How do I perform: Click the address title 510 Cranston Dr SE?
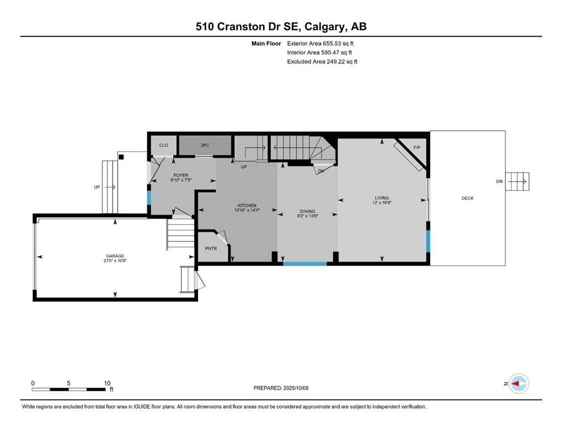pyautogui.click(x=281, y=27)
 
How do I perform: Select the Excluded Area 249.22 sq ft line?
pyautogui.click(x=322, y=61)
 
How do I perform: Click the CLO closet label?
pyautogui.click(x=164, y=146)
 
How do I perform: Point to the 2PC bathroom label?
pyautogui.click(x=205, y=146)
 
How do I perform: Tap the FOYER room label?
pyautogui.click(x=181, y=176)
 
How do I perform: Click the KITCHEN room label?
pyautogui.click(x=247, y=205)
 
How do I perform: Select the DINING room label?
pyautogui.click(x=307, y=211)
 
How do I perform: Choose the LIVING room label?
pyautogui.click(x=381, y=198)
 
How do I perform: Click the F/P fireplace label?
pyautogui.click(x=417, y=148)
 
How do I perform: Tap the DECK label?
pyautogui.click(x=467, y=198)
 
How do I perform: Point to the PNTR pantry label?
pyautogui.click(x=211, y=248)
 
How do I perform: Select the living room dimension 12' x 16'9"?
pyautogui.click(x=381, y=203)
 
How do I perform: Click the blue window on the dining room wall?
pyautogui.click(x=304, y=263)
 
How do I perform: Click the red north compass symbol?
pyautogui.click(x=518, y=383)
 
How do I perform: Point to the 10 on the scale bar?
pyautogui.click(x=107, y=383)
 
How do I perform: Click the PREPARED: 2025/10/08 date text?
pyautogui.click(x=281, y=388)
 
